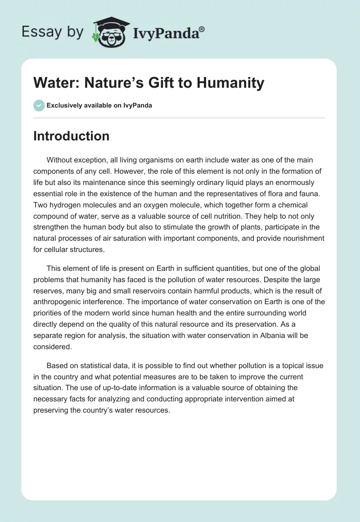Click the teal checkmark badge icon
pos(39,105)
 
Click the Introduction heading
pos(71,136)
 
